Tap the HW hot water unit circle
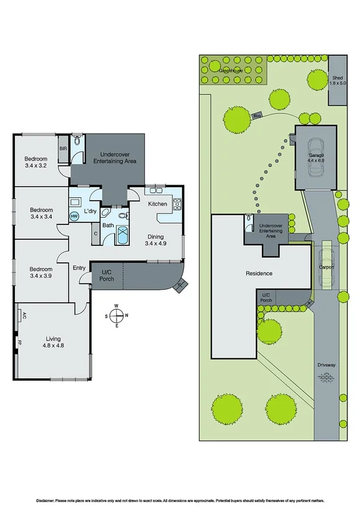click(x=75, y=216)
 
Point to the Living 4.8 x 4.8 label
click(x=54, y=342)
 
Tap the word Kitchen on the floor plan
click(x=157, y=204)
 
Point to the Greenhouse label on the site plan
click(x=232, y=70)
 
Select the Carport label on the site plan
click(x=326, y=266)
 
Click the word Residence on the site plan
click(x=259, y=274)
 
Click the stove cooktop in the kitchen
click(x=177, y=204)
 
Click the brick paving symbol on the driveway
click(x=327, y=378)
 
